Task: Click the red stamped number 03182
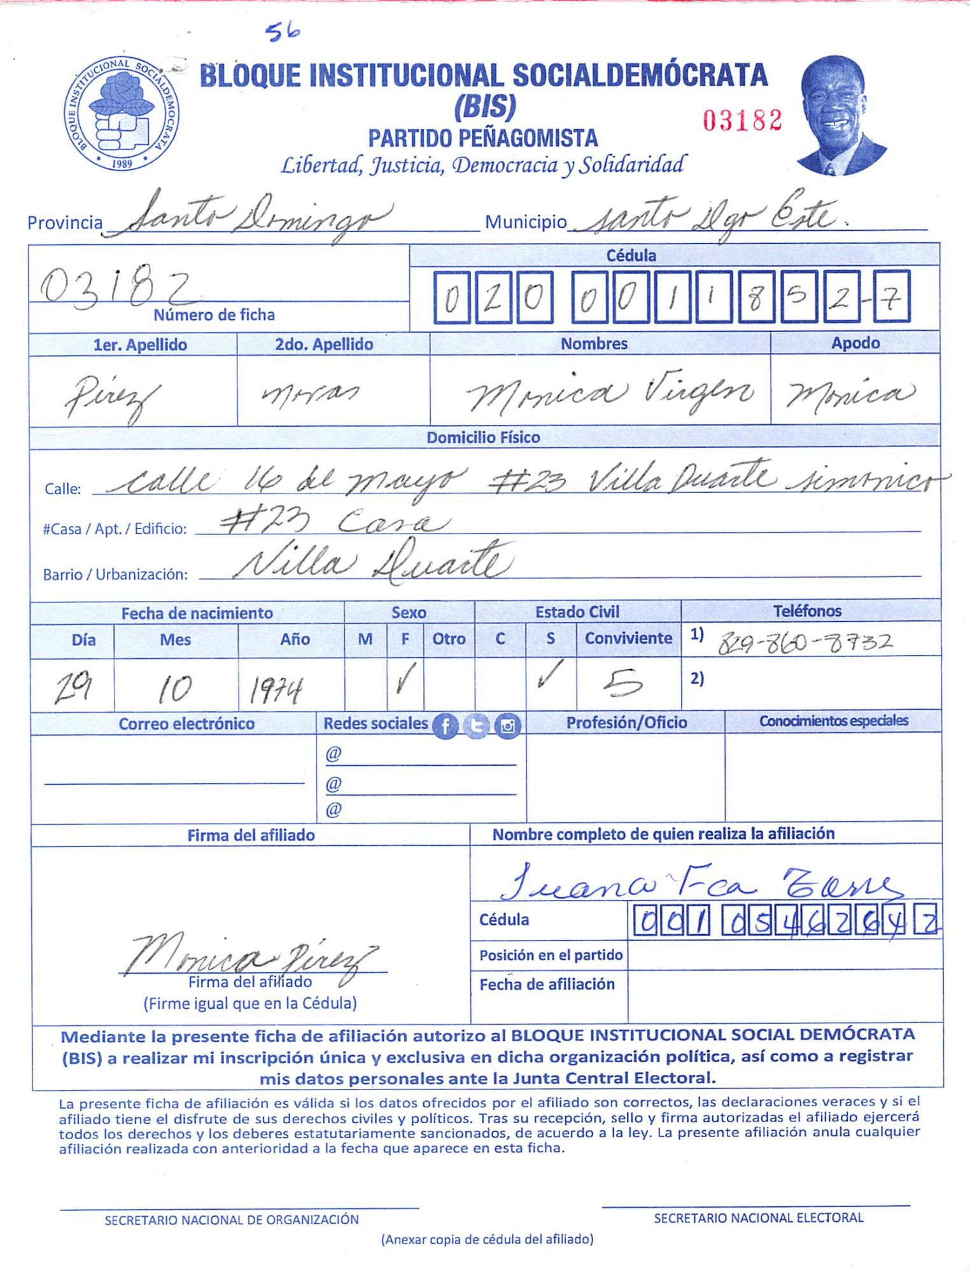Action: (x=742, y=120)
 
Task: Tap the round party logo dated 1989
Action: (x=121, y=113)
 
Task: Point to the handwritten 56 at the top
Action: (x=283, y=32)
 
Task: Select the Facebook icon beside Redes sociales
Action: (x=446, y=726)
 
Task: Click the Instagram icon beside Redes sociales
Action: (x=507, y=726)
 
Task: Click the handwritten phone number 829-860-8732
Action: (x=805, y=644)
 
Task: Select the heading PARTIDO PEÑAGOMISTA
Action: (x=483, y=138)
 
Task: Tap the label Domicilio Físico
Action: (x=483, y=438)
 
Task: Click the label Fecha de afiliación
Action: (x=547, y=985)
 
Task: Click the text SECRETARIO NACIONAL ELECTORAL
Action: (x=758, y=1217)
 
